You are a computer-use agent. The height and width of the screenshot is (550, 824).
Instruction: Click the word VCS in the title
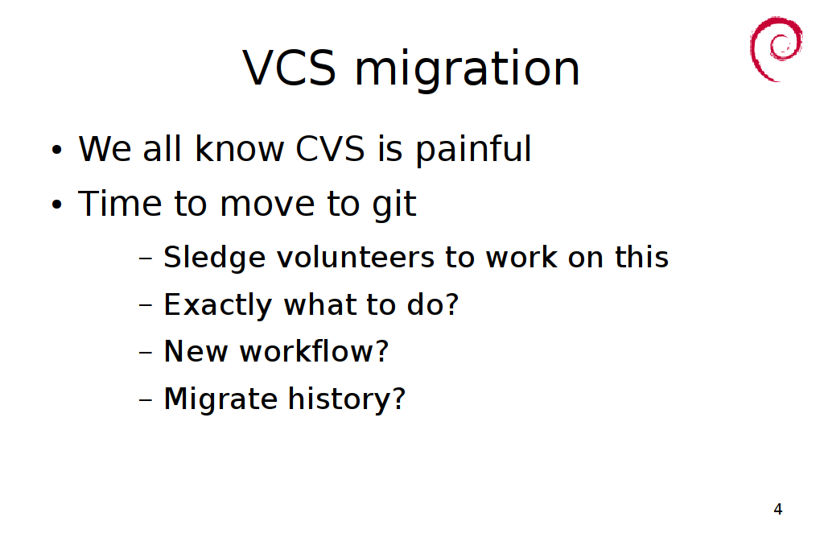tap(289, 68)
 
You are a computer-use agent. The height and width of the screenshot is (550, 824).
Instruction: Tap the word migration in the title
tap(468, 70)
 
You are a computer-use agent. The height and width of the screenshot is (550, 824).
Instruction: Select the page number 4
tap(778, 509)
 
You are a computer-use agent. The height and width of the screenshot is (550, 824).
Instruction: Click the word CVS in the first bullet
tap(330, 148)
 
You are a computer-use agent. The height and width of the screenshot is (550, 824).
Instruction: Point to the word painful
tap(474, 151)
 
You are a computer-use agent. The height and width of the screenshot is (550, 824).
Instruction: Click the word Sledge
tap(214, 258)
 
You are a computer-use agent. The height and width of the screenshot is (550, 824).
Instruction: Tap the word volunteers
tap(356, 257)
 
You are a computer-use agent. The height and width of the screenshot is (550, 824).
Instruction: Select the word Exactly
tap(217, 305)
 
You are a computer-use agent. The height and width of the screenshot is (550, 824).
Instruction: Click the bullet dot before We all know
tap(57, 150)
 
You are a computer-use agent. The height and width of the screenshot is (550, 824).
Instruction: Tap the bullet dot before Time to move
tap(57, 205)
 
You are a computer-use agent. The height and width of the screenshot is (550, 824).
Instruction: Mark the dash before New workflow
tap(146, 352)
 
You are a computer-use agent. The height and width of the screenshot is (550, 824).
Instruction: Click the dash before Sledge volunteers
tap(146, 258)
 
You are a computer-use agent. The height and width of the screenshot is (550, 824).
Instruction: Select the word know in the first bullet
tap(239, 148)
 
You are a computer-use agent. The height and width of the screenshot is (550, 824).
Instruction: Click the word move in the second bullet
tap(267, 205)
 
